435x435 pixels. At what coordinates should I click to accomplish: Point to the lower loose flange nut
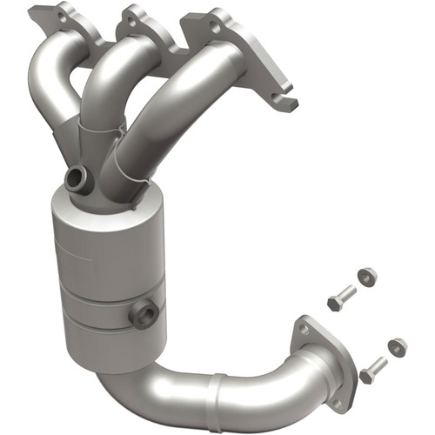(397, 346)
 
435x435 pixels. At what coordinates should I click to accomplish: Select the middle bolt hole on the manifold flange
(132, 15)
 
